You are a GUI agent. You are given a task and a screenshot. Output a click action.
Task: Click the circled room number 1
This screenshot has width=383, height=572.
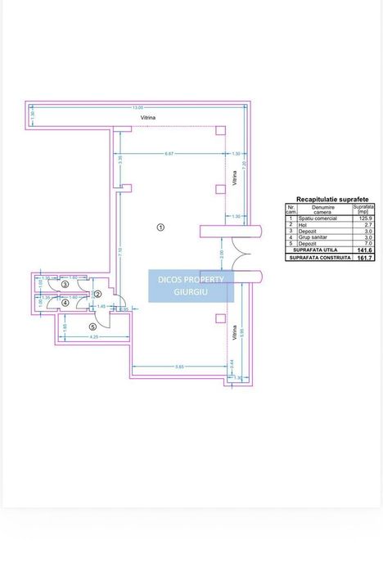(x=160, y=227)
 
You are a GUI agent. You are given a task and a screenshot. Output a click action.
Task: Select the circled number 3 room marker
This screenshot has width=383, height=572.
(x=53, y=285)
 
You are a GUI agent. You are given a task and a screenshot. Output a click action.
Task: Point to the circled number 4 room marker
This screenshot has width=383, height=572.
(x=53, y=302)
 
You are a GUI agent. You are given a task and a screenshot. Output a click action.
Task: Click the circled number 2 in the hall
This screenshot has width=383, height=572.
(x=97, y=294)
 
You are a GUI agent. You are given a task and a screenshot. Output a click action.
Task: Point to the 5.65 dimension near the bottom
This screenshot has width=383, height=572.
(x=179, y=366)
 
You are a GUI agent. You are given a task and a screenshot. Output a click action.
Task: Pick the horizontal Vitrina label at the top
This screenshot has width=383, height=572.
(x=147, y=118)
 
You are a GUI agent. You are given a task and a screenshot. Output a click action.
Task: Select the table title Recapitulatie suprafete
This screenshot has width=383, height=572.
(x=331, y=199)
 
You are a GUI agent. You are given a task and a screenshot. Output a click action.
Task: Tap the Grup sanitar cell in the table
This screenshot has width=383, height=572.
(x=314, y=236)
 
